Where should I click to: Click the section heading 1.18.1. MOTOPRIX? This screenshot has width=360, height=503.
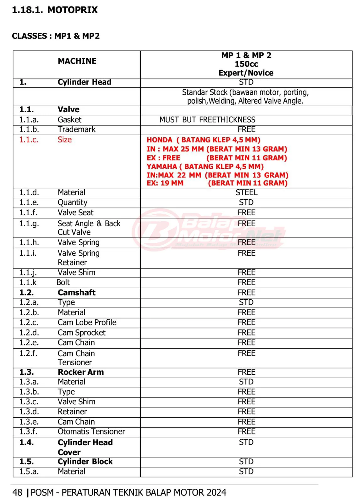[x=55, y=10]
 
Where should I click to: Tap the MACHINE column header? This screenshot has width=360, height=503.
[x=77, y=61]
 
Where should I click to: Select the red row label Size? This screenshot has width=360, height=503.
[x=65, y=140]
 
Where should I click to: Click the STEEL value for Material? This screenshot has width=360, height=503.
[x=246, y=192]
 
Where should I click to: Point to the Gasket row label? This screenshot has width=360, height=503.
[x=69, y=120]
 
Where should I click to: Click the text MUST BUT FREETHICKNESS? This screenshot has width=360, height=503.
[x=207, y=120]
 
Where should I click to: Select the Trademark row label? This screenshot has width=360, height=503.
[x=77, y=130]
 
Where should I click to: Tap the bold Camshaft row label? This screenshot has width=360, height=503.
[x=76, y=293]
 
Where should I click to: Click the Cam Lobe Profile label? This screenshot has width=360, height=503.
[x=87, y=323]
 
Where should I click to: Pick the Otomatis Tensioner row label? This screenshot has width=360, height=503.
[x=91, y=432]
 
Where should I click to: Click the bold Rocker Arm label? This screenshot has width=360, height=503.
[x=81, y=372]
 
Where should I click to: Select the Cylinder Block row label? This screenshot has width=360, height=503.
[x=85, y=462]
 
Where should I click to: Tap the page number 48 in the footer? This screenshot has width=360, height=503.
[x=17, y=493]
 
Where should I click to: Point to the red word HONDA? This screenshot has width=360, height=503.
[x=159, y=140]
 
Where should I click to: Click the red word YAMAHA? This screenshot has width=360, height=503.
[x=161, y=166]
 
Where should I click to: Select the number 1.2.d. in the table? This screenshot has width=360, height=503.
[x=29, y=333]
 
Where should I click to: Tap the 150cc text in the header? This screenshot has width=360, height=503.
[x=246, y=64]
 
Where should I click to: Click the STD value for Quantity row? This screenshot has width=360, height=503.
[x=246, y=202]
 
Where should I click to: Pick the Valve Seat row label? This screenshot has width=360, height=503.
[x=75, y=213]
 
